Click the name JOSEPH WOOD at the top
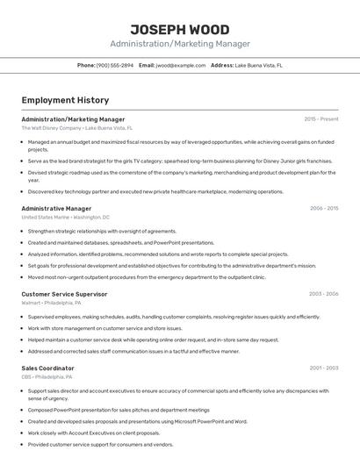tap(180, 29)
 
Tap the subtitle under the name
tap(180, 44)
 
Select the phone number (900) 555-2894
tap(115, 65)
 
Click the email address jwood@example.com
tap(178, 65)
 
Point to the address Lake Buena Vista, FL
tap(259, 65)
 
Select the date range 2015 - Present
tap(321, 119)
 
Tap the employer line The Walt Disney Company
tap(78, 128)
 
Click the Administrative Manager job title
tap(56, 209)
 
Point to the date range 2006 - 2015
tap(324, 209)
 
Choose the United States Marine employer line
tap(66, 217)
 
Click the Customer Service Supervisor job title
tap(64, 294)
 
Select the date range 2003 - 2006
tap(324, 294)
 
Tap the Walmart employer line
tap(55, 303)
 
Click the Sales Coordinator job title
tap(48, 368)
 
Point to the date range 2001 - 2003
tap(324, 368)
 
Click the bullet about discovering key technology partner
tap(155, 191)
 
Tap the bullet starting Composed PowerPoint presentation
tap(119, 410)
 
